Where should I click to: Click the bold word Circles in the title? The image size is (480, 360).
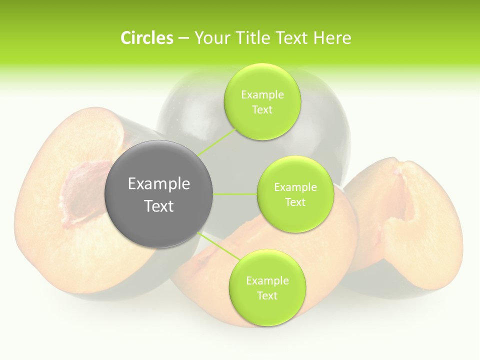[x=146, y=38]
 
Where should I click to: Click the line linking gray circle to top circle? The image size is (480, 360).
[x=216, y=142]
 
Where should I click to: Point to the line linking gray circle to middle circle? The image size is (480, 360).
[x=235, y=194]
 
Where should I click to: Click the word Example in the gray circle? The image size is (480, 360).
[x=159, y=184]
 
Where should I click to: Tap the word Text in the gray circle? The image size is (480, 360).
[x=159, y=206]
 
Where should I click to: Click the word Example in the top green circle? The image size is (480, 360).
[x=262, y=95]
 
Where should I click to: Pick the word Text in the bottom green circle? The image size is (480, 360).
[x=267, y=295]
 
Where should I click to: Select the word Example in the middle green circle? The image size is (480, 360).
[x=295, y=187]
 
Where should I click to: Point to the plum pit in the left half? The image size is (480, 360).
[x=80, y=195]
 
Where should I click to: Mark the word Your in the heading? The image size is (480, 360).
[x=210, y=38]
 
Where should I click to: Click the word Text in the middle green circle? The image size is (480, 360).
[x=295, y=202]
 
